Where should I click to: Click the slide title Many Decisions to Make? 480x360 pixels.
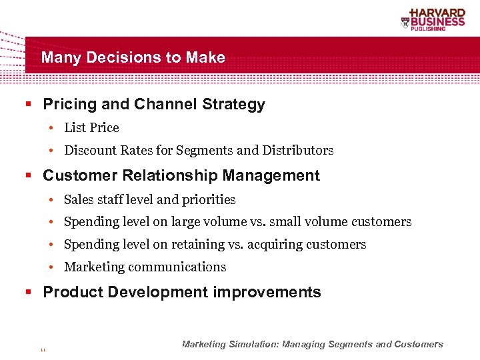coord(133,57)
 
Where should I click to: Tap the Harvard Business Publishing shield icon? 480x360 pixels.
coord(405,23)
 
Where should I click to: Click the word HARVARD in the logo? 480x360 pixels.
coord(437,13)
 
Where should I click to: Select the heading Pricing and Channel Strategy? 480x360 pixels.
coord(153,105)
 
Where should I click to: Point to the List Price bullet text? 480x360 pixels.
coord(91,128)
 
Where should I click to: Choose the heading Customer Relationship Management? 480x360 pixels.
coord(181,176)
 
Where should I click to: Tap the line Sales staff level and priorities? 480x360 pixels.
coord(149,200)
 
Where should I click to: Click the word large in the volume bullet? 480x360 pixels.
coord(188,222)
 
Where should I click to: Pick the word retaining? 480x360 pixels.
coord(200,245)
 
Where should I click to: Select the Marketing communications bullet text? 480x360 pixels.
coord(145,267)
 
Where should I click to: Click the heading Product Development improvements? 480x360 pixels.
coord(181,292)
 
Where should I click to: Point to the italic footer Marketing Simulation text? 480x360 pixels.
coord(312,345)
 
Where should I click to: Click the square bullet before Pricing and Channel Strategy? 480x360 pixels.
coord(29,105)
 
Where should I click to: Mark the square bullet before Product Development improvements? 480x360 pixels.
coord(29,292)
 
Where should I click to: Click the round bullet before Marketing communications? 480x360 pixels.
coord(51,267)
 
